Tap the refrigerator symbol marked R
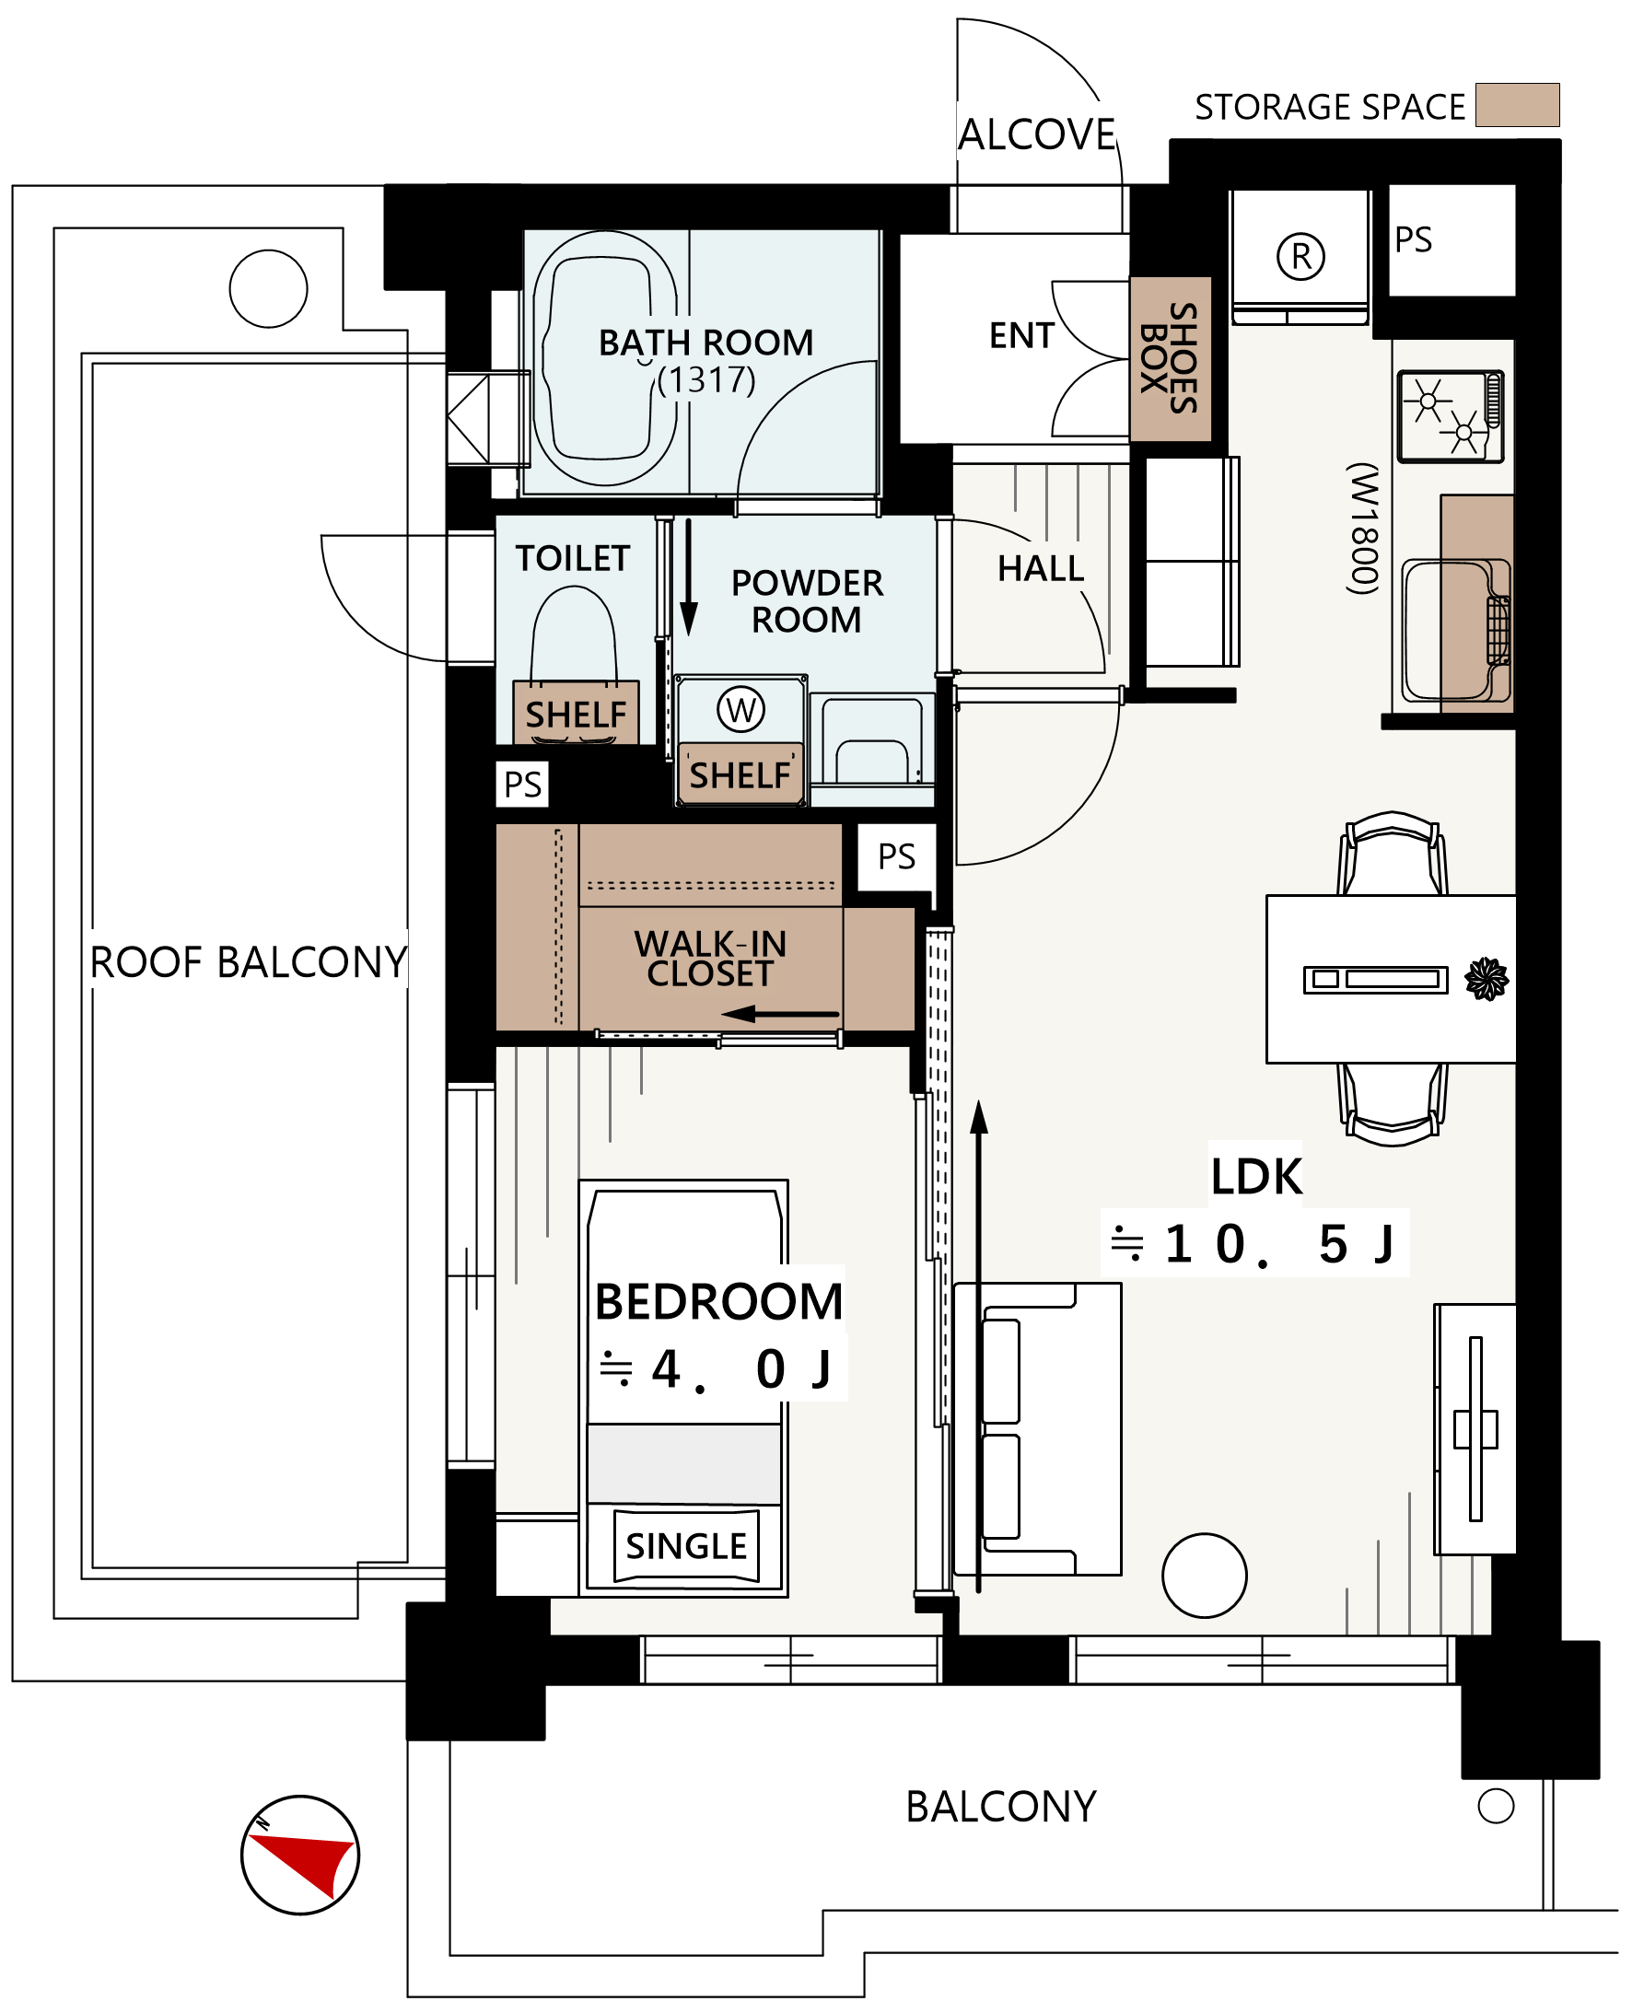click(1301, 257)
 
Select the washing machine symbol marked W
click(740, 710)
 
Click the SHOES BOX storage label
click(1171, 359)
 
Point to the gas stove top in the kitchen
click(1450, 416)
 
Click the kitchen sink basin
click(1446, 630)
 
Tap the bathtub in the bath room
click(604, 359)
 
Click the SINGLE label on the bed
click(685, 1546)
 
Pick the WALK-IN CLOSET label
click(710, 959)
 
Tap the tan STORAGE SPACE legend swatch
click(1517, 105)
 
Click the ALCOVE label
click(1037, 134)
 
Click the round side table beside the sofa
click(1205, 1576)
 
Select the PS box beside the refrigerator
click(1451, 240)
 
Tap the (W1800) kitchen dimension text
click(1363, 529)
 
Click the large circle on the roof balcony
click(269, 289)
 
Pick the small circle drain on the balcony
click(1497, 1806)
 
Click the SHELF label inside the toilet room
click(576, 715)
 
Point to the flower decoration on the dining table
click(1486, 979)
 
